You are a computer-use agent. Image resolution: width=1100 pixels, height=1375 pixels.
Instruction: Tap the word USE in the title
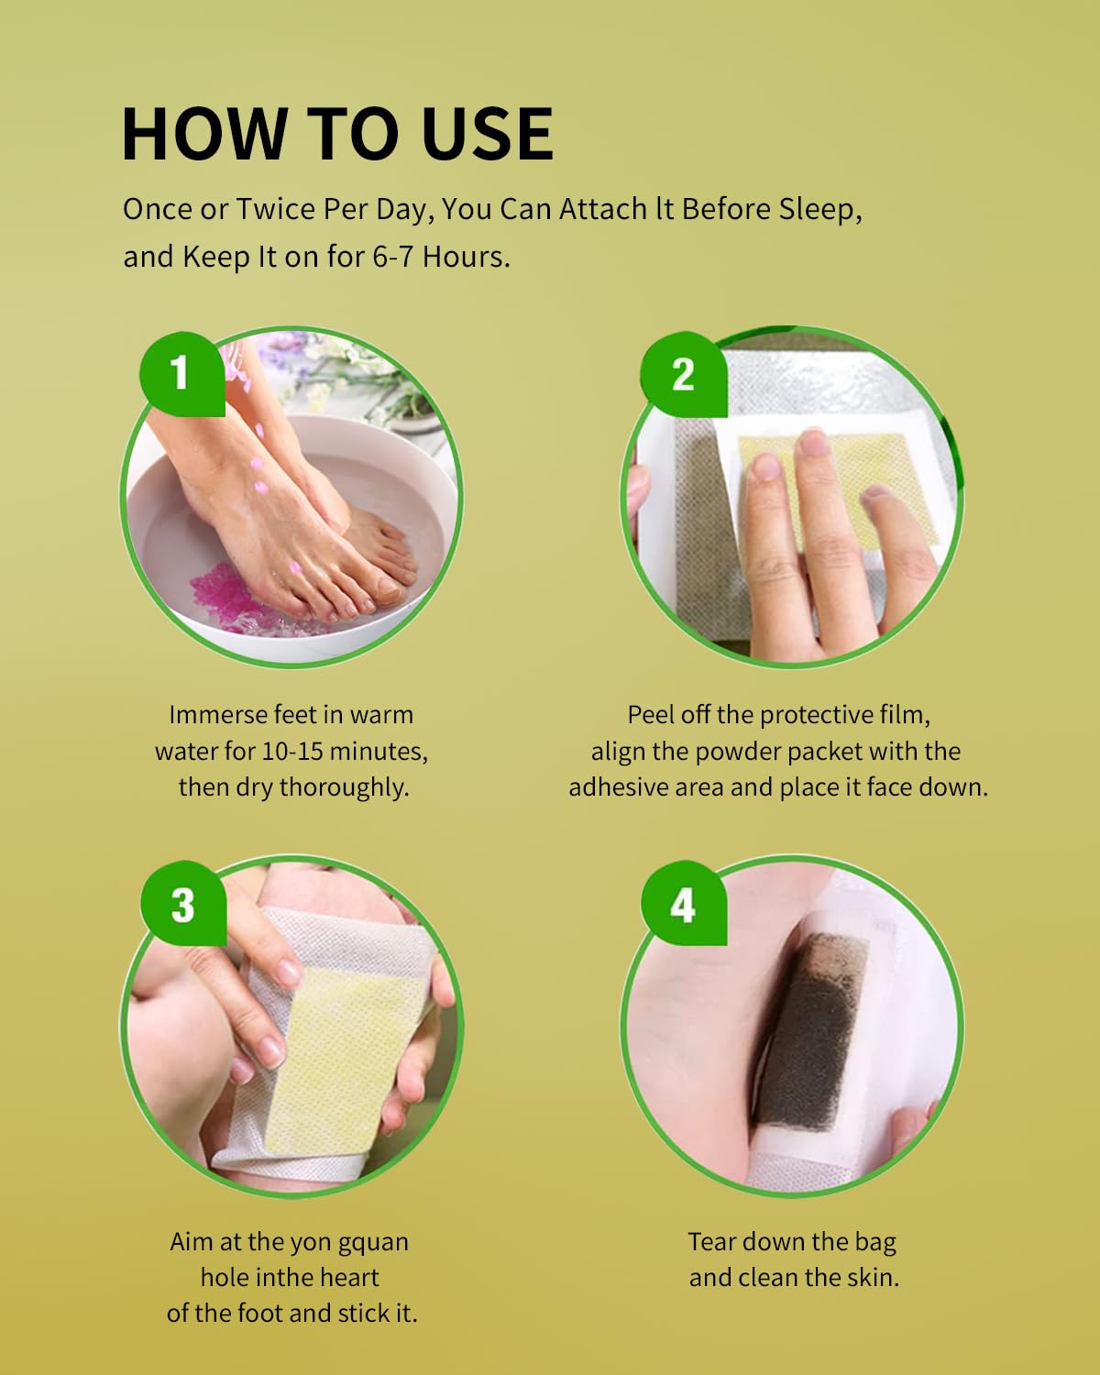(x=487, y=134)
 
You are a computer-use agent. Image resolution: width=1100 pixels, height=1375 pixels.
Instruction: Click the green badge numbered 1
(x=181, y=372)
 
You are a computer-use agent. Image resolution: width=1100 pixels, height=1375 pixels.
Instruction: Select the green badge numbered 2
(x=683, y=374)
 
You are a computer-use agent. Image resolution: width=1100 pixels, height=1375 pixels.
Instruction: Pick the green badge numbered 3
(x=182, y=905)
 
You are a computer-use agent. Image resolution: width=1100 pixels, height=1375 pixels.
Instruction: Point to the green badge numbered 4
(x=683, y=905)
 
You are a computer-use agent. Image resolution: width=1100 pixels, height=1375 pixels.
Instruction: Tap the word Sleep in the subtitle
(x=819, y=209)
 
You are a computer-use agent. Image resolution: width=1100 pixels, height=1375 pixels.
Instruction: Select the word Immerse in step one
(x=217, y=715)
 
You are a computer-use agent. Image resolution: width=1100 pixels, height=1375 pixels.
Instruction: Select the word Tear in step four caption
(x=712, y=1242)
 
